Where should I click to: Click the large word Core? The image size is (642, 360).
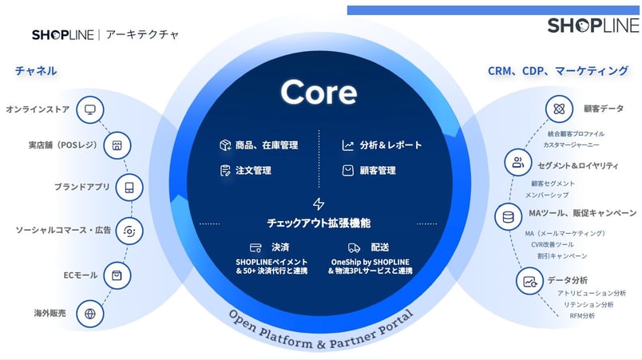click(x=319, y=93)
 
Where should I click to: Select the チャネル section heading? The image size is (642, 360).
click(x=36, y=71)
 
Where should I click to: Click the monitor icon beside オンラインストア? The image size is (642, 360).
click(x=90, y=109)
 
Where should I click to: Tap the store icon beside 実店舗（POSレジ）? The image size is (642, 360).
click(x=117, y=146)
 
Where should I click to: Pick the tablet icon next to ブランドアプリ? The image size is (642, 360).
click(x=128, y=188)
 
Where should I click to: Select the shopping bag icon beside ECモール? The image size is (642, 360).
click(x=117, y=275)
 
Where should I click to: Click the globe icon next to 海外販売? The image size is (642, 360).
click(x=90, y=314)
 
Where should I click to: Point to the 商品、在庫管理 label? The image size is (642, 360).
click(x=266, y=145)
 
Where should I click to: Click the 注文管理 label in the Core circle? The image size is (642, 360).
click(x=253, y=171)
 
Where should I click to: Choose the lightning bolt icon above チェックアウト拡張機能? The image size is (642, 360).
click(x=319, y=204)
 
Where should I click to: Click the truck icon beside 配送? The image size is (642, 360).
click(x=354, y=247)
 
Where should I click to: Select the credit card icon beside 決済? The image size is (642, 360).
click(x=256, y=247)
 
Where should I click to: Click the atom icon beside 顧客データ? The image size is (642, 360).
click(x=557, y=109)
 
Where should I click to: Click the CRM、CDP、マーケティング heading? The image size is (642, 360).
click(x=558, y=71)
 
